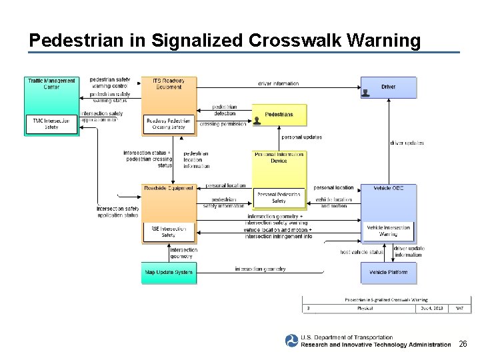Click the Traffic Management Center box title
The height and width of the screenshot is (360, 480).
pos(51,84)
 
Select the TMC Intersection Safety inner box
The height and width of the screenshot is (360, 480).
pos(51,123)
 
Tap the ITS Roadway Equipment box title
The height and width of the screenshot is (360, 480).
pos(169,84)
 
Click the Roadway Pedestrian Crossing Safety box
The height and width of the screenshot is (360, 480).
pos(169,123)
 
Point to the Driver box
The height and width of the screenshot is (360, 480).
pos(389,87)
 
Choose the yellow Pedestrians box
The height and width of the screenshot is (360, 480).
pos(279,115)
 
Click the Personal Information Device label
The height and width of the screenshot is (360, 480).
pos(279,157)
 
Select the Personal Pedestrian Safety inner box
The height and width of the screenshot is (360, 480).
pos(279,197)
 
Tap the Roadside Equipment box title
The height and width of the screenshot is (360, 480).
pos(169,188)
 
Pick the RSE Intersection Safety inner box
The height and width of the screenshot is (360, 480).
pos(169,231)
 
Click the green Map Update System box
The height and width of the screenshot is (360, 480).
pos(169,273)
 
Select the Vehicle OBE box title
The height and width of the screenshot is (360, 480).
pos(389,188)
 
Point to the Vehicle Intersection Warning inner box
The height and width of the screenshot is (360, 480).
pos(389,231)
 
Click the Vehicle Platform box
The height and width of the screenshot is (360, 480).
pos(389,273)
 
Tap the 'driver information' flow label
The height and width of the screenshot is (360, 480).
pos(278,83)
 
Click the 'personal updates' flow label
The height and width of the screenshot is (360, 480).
pos(301,137)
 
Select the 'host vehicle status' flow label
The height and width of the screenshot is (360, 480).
pos(361,252)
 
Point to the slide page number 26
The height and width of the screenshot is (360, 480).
pos(463,345)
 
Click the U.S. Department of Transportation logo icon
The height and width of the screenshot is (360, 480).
pos(291,341)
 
